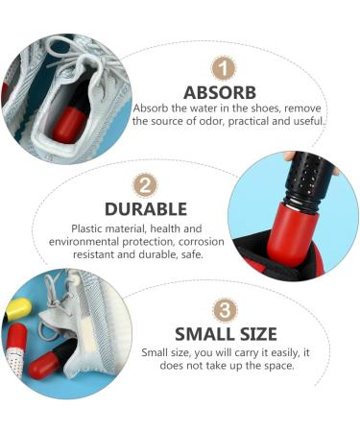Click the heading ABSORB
221,93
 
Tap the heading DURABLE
145,208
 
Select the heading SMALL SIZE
225,333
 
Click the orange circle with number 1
222,68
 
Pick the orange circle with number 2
145,184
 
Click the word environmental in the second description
90,243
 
